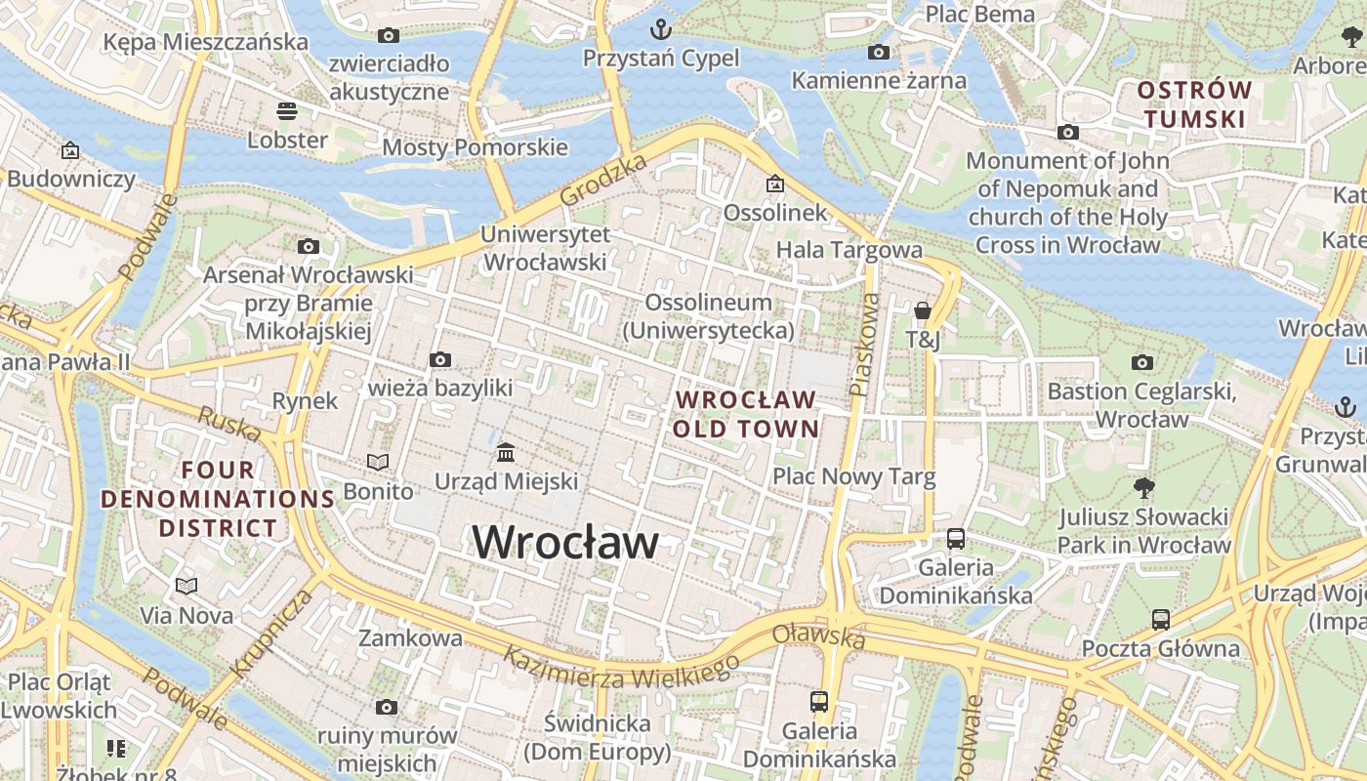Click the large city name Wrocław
tap(565, 542)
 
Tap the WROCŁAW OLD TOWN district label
tap(745, 414)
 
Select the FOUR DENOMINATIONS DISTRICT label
tap(219, 499)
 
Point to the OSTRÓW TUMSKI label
tap(1194, 104)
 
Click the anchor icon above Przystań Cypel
tap(661, 28)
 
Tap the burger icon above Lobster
tap(286, 110)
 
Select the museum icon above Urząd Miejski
tap(506, 452)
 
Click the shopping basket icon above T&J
tap(922, 311)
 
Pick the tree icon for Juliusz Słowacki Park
tap(1143, 486)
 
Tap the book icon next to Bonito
tap(377, 462)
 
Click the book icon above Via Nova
tap(186, 586)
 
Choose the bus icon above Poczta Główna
tap(1160, 619)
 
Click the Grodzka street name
tap(604, 180)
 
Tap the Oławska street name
tap(818, 637)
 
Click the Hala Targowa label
tap(849, 250)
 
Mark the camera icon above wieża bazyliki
tap(440, 359)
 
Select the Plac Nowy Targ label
tap(853, 476)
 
